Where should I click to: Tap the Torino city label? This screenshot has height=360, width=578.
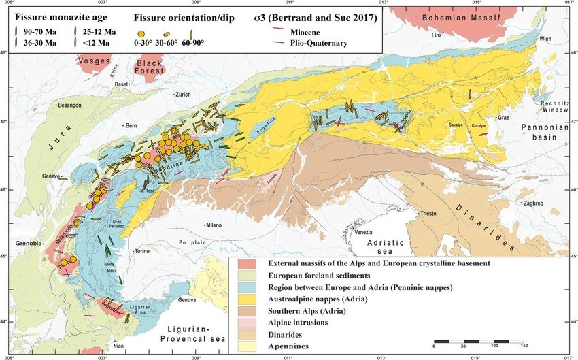tap(142, 251)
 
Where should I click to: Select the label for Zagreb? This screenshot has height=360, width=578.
tap(536, 203)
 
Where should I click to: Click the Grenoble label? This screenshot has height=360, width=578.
tap(28, 243)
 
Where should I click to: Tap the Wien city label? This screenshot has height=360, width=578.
tap(545, 39)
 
